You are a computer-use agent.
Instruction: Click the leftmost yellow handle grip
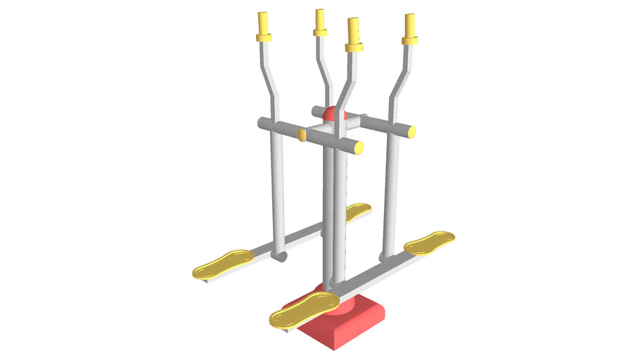tap(264, 27)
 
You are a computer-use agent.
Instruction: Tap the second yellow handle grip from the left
tap(320, 22)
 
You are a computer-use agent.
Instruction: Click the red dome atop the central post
tap(331, 113)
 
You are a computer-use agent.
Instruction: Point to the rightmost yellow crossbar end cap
tap(411, 131)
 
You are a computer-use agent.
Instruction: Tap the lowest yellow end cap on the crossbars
tap(359, 148)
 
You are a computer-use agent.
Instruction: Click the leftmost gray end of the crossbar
tap(261, 124)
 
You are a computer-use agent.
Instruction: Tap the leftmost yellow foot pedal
tap(224, 263)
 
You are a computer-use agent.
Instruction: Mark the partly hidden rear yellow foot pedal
tap(357, 210)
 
